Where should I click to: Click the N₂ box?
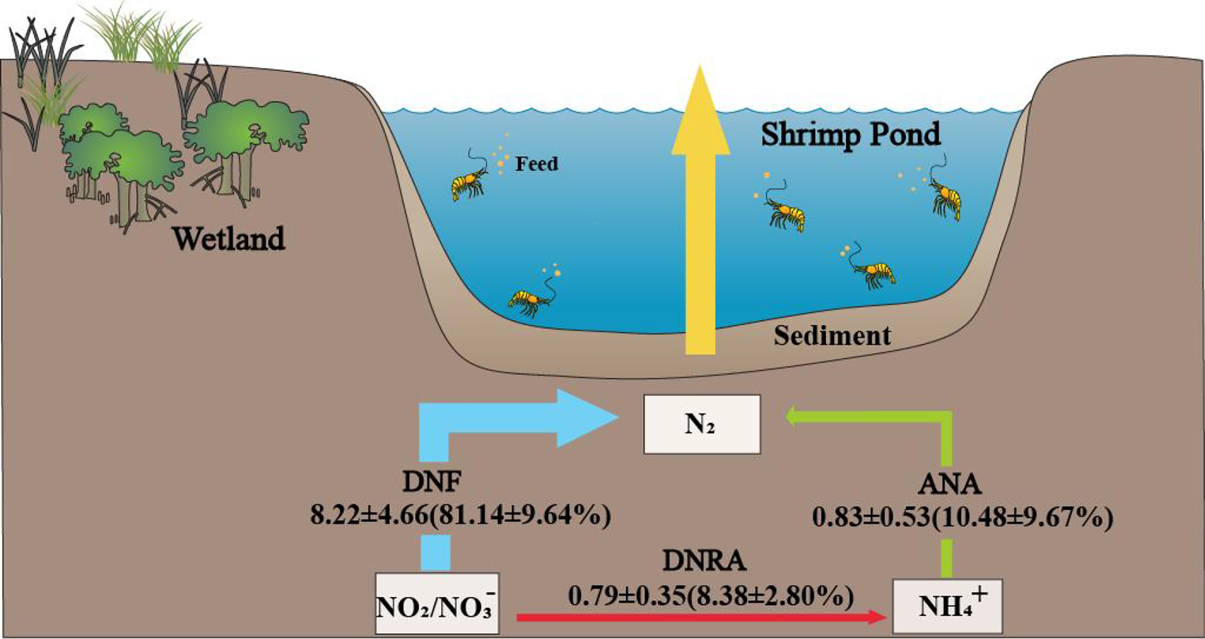pos(702,424)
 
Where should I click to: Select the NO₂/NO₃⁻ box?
pos(437,603)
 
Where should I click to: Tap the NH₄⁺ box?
pos(948,606)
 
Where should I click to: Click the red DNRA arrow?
pos(699,617)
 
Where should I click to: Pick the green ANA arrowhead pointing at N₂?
pos(793,416)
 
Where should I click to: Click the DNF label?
pos(432,482)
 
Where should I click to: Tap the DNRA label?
pos(704,561)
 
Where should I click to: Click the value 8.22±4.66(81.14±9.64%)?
pos(460,515)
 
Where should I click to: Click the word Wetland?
pos(229,238)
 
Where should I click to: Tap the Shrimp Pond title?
pos(851,134)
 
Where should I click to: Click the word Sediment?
pos(832,336)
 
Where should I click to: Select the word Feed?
pos(536,164)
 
